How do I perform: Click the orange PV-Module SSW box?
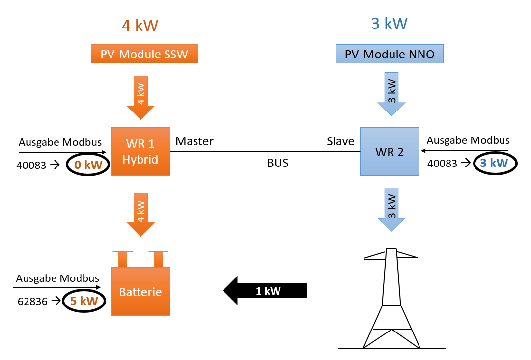coord(144,54)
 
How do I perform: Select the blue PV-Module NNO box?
coord(390,54)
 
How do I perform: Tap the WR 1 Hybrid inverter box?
coord(140,151)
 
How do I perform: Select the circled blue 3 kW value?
coord(494,163)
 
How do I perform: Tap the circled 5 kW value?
coord(84,301)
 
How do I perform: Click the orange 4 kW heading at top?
coord(140,26)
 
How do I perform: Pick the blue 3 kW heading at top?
coord(390,24)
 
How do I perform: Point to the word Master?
coord(195,141)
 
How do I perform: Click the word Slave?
coord(340,141)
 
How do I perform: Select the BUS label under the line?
coord(278,163)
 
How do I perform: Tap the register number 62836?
coord(31,302)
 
